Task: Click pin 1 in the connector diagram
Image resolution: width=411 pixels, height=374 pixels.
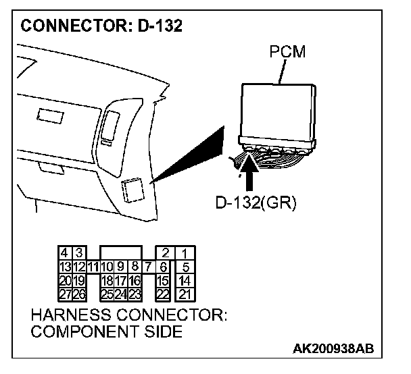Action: coord(184,253)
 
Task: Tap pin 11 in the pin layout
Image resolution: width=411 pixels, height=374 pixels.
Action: coord(93,267)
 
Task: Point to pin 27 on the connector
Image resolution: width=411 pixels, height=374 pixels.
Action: coord(65,294)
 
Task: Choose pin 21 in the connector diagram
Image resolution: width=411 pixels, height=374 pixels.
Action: coord(184,294)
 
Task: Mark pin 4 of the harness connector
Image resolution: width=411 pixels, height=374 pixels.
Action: coord(65,253)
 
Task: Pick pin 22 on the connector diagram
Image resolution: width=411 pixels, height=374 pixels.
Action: coord(163,294)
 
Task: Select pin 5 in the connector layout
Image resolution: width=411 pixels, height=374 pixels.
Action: coord(184,267)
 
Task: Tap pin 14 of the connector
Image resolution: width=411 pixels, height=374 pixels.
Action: coord(184,280)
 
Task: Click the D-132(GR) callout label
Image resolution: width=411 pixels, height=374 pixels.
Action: coord(256,203)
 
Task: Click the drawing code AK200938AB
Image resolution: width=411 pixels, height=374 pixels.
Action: coord(333,349)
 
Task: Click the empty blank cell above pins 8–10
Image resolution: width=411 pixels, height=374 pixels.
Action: coord(120,253)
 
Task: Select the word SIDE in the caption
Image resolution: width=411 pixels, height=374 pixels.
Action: coord(165,331)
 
